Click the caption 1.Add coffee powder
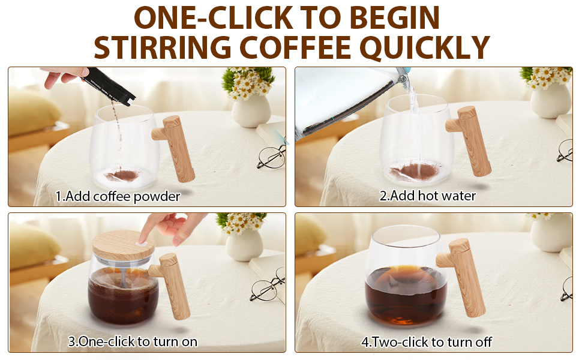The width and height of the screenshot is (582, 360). [x=118, y=196]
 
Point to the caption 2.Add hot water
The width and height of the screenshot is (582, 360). [x=427, y=196]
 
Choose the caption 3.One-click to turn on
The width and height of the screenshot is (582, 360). [x=133, y=342]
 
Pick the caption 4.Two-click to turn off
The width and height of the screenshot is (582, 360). [x=426, y=342]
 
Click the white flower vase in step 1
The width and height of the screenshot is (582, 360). [x=251, y=110]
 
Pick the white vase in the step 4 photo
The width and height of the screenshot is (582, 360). [x=550, y=234]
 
